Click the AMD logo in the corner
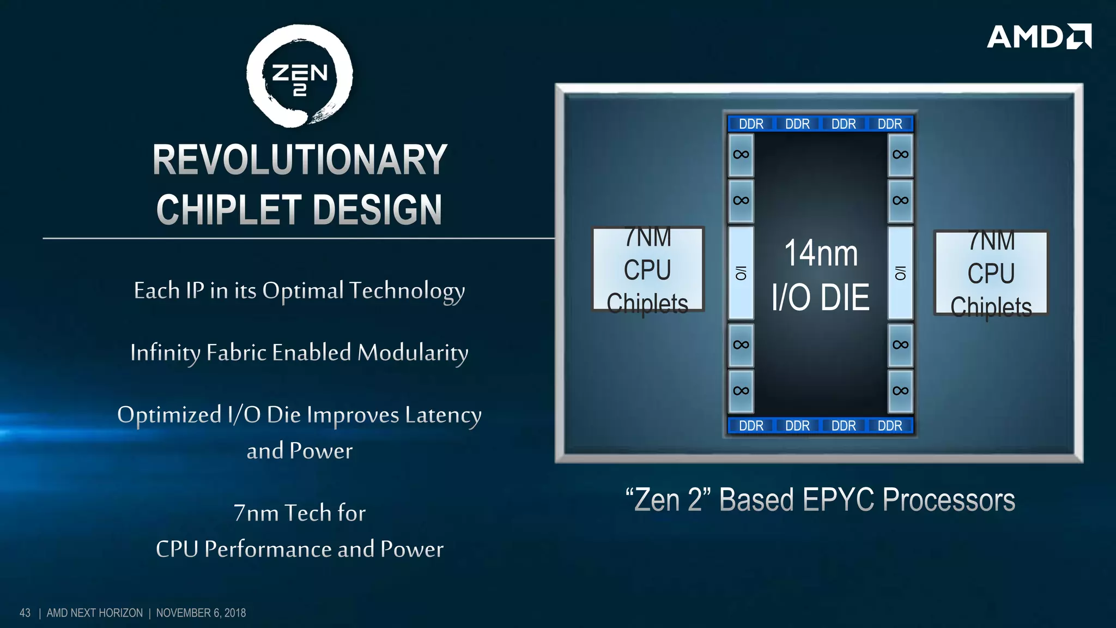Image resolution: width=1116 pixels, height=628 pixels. click(1039, 37)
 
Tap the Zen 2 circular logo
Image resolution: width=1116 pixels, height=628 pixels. click(299, 76)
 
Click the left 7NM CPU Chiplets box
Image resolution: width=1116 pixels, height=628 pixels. click(648, 270)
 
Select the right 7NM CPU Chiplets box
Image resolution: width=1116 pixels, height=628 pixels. click(991, 273)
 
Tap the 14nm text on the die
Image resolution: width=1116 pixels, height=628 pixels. click(821, 253)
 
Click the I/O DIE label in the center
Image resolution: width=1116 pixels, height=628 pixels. click(821, 298)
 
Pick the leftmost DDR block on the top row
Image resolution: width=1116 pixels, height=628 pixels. click(751, 124)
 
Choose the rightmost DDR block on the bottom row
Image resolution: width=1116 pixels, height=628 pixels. click(890, 426)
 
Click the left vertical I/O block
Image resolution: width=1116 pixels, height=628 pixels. click(741, 273)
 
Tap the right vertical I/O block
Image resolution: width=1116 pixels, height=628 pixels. click(900, 273)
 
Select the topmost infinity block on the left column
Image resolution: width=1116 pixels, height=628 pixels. click(741, 155)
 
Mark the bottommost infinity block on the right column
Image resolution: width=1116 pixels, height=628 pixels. click(900, 391)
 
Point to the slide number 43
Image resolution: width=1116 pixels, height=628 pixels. click(25, 613)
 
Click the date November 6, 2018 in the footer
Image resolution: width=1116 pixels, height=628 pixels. click(201, 613)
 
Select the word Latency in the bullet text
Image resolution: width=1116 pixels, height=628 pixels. click(443, 415)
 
